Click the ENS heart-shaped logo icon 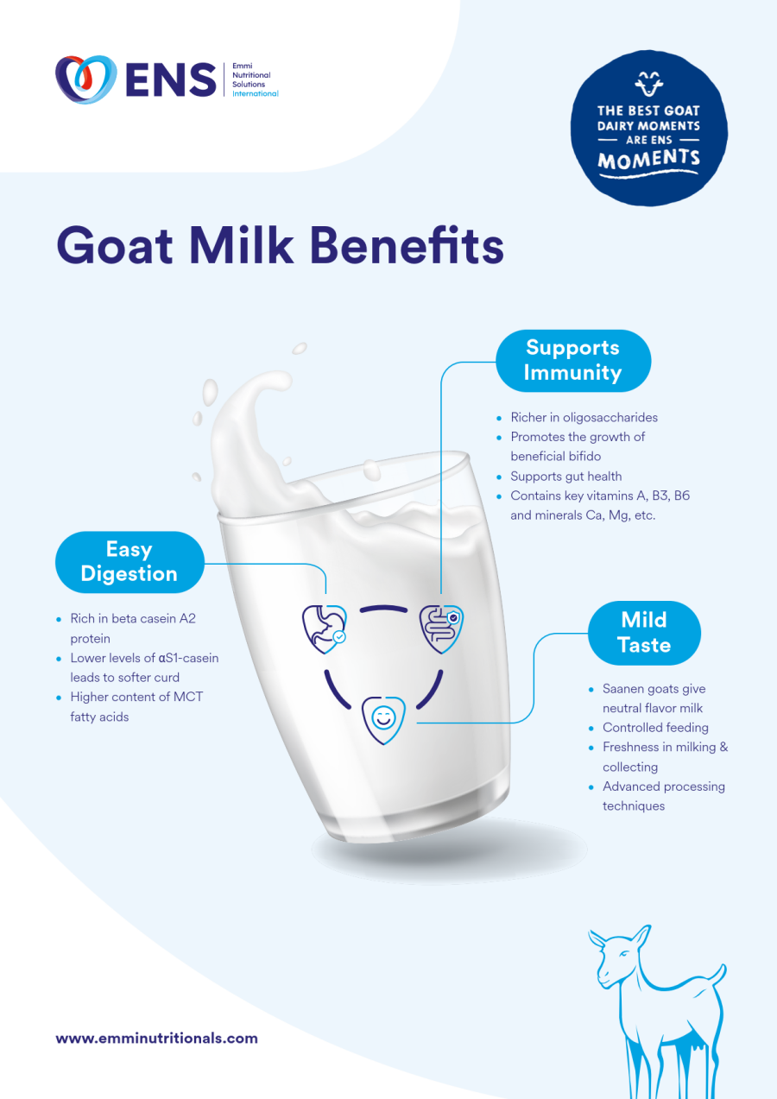coord(85,79)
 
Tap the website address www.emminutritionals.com coord(156,1039)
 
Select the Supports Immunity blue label coord(573,360)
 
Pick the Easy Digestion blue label coord(129,562)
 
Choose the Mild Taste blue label coord(644,632)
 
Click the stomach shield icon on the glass coord(324,628)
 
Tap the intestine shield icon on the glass coord(441,628)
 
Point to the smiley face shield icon coord(382,717)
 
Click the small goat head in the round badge coord(649,85)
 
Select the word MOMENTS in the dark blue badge coord(649,160)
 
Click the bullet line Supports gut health coord(565,476)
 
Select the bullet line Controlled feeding coord(655,728)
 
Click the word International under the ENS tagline coord(256,93)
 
